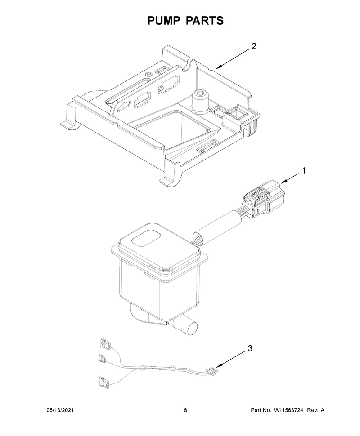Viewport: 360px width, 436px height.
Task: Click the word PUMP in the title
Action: click(163, 21)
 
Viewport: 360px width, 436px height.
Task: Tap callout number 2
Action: click(254, 46)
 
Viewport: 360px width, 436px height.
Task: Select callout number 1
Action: click(304, 170)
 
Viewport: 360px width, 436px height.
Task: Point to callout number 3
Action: click(250, 348)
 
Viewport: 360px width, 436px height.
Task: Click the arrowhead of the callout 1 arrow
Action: click(283, 182)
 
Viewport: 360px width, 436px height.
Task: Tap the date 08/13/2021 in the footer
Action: click(60, 410)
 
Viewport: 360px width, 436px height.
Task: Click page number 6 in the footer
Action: click(185, 410)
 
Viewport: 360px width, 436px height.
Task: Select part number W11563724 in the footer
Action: click(288, 410)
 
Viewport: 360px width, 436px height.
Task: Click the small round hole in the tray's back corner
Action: click(148, 74)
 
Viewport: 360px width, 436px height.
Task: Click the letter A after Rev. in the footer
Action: click(322, 410)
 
